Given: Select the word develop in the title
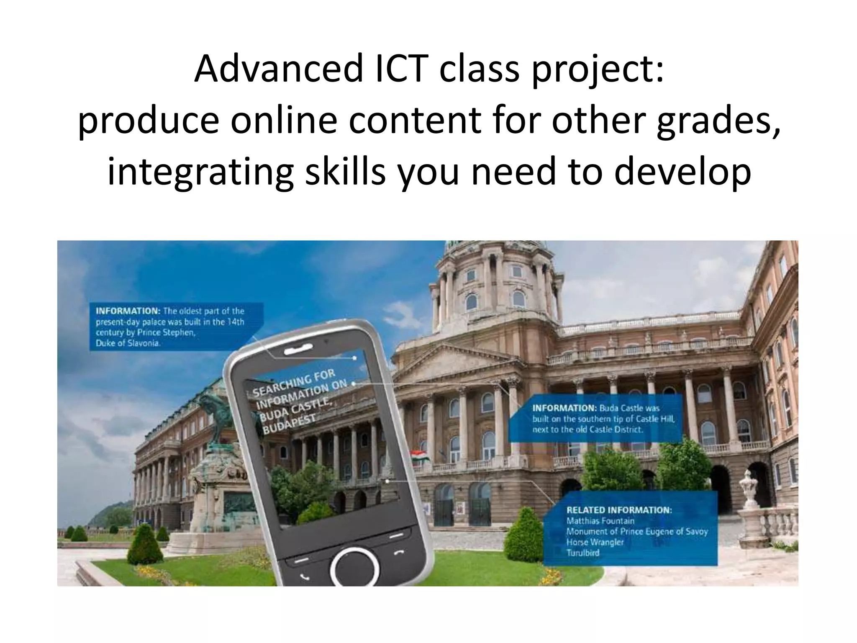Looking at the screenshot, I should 682,172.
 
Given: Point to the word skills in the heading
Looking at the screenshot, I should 345,172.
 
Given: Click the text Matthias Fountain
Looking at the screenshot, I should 600,521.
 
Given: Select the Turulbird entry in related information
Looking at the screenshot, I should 583,553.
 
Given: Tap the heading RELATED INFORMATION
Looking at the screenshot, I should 619,510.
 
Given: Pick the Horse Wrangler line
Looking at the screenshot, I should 595,542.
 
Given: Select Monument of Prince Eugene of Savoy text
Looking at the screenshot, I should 636,532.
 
